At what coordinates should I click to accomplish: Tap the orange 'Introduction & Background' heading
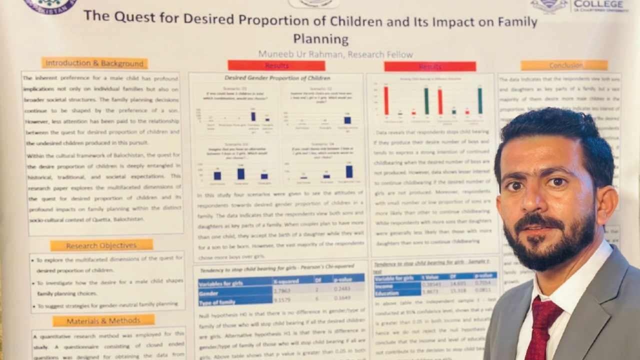(94, 63)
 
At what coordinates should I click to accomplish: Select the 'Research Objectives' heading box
(101, 245)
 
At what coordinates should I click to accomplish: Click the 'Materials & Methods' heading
(103, 320)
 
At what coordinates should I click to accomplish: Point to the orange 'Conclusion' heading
(564, 65)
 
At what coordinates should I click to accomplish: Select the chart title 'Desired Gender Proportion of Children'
(277, 78)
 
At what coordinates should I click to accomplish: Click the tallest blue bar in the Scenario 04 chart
(349, 171)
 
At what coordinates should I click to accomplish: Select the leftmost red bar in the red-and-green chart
(386, 100)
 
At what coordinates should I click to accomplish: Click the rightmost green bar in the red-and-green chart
(480, 100)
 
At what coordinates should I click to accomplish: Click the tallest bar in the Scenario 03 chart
(241, 173)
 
